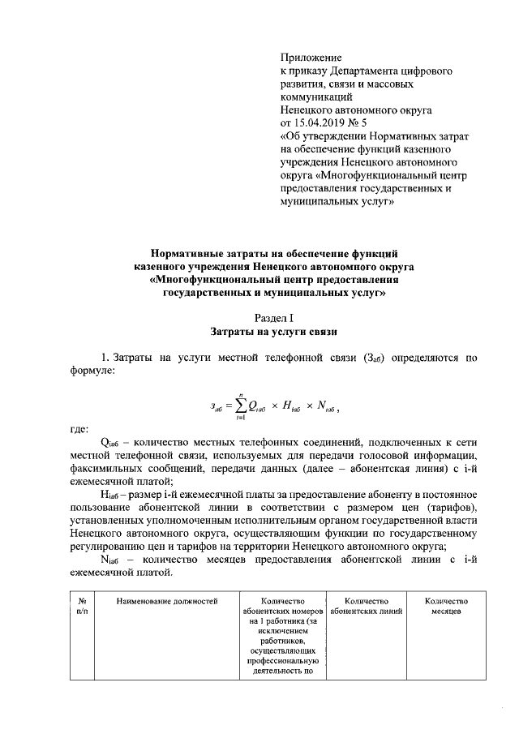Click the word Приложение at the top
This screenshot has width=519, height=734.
(x=311, y=58)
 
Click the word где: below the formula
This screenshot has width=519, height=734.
(x=79, y=429)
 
